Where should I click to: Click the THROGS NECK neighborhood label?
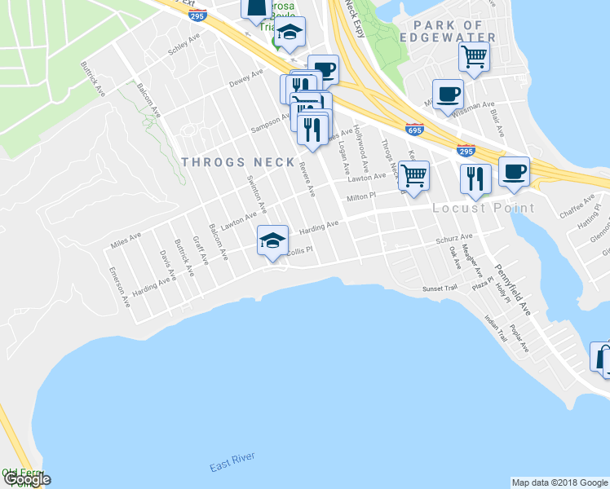(238, 162)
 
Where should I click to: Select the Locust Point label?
(484, 209)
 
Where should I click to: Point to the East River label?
(232, 465)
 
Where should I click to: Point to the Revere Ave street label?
(307, 179)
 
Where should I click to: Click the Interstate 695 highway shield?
(414, 129)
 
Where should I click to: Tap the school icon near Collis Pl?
(272, 240)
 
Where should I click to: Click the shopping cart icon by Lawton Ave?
(414, 174)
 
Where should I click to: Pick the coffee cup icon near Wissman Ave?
(447, 93)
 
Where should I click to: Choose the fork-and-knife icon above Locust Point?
(475, 178)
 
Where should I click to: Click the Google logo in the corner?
(26, 479)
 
